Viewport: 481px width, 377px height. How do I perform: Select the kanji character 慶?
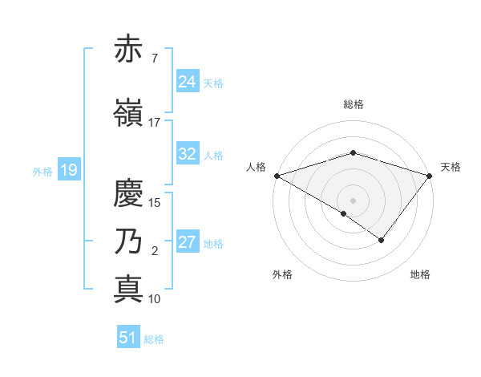point(128,193)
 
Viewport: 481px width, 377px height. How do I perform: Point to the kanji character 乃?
point(128,241)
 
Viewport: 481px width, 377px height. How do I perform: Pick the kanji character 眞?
point(128,288)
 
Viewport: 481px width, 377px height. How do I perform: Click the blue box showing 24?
point(188,82)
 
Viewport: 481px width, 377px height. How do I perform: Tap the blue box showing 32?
point(188,154)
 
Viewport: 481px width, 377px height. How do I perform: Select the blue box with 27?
point(188,242)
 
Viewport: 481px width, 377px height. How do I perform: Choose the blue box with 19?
point(68,170)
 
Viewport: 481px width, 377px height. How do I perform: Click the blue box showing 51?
point(128,338)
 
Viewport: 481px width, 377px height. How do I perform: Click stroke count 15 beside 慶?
point(155,202)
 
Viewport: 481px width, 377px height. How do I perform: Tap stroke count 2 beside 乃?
point(155,251)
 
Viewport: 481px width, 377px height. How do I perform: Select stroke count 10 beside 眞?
point(155,298)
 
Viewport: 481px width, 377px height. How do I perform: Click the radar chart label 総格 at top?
point(353,104)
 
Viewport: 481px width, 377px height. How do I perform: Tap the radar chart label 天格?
point(451,167)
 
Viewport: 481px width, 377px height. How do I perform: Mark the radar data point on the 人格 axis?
point(277,175)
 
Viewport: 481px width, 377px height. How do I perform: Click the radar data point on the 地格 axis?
point(382,240)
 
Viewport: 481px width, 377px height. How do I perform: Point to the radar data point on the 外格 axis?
point(344,213)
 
